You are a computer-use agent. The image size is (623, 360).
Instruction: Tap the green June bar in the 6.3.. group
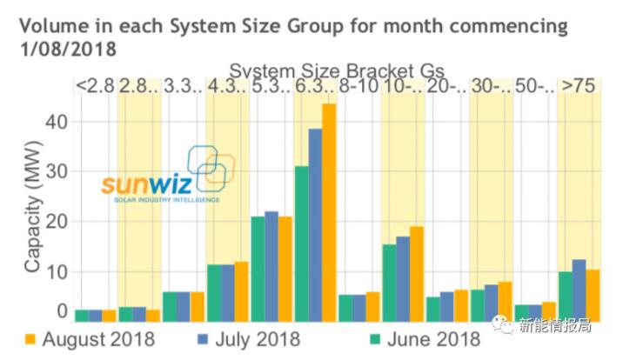(x=301, y=243)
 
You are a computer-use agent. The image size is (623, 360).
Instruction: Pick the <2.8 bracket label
(x=95, y=86)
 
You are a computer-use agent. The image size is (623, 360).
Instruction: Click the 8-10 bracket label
(x=358, y=86)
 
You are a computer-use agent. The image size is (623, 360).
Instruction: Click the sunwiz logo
(x=165, y=178)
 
